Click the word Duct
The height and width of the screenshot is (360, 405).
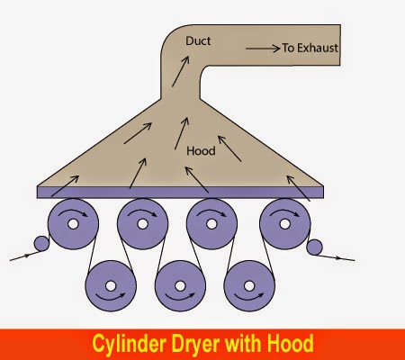(x=198, y=41)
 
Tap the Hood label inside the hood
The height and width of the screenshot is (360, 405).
(x=201, y=151)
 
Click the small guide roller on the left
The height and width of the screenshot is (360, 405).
(x=40, y=245)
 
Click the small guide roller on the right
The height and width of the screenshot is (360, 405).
(x=314, y=246)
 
